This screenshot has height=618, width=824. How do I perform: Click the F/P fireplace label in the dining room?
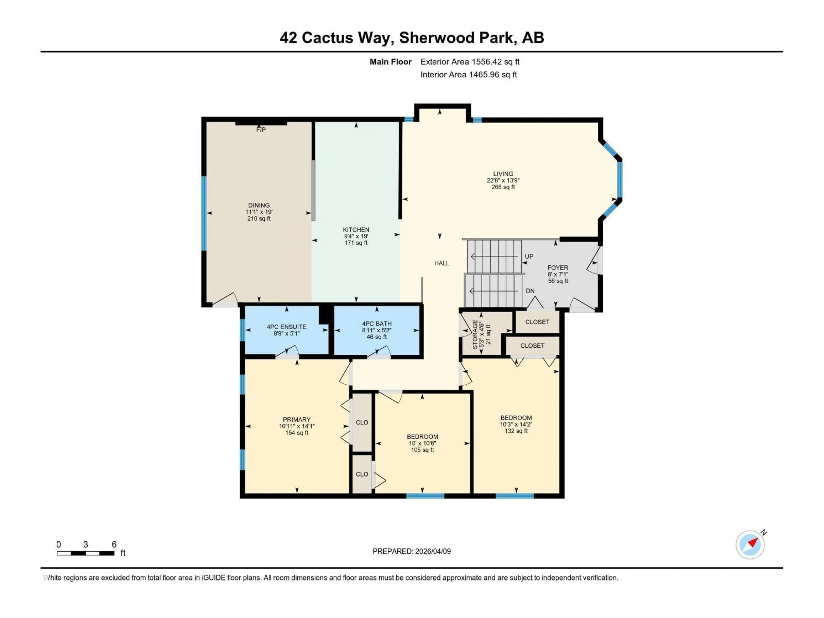point(261,130)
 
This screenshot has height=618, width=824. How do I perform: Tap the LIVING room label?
point(503,174)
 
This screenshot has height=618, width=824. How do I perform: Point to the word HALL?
point(441,263)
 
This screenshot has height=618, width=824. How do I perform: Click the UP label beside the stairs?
point(529,256)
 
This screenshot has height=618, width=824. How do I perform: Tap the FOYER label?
point(558,267)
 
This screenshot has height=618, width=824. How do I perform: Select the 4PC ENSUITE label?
point(286,327)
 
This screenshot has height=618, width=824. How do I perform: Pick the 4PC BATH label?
point(377,324)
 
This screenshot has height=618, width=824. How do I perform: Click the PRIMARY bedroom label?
point(297,419)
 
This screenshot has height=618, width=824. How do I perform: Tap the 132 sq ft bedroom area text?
point(516,431)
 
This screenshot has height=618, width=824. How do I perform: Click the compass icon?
point(750,545)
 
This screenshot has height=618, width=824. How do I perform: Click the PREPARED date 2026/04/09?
point(432,551)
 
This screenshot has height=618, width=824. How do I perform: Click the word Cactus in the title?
point(327,38)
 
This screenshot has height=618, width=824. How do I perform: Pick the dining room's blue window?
point(204,213)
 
